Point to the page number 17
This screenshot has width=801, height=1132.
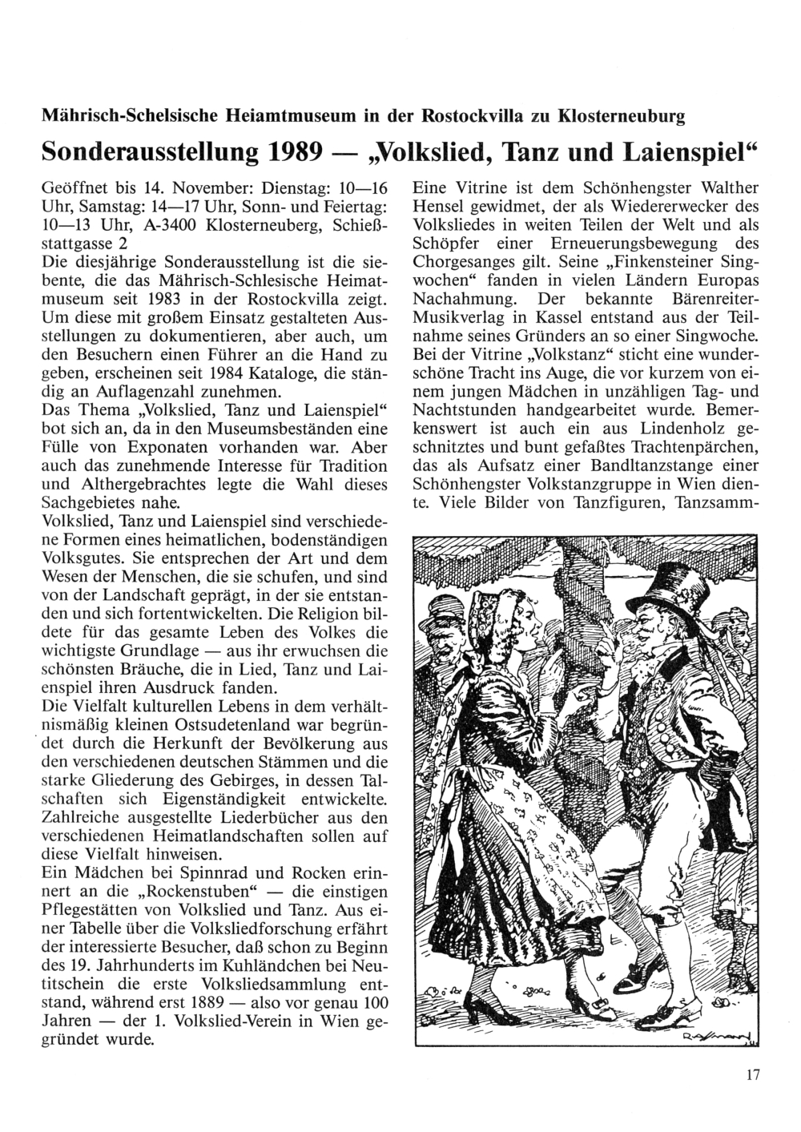751,1075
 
